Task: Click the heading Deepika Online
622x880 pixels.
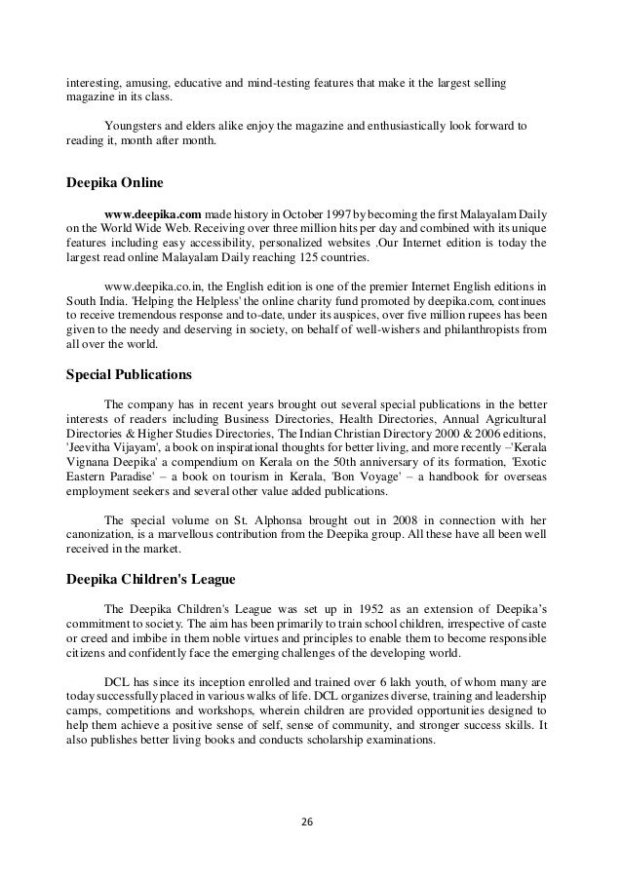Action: (x=114, y=182)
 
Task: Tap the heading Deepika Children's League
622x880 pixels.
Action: (x=150, y=579)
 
